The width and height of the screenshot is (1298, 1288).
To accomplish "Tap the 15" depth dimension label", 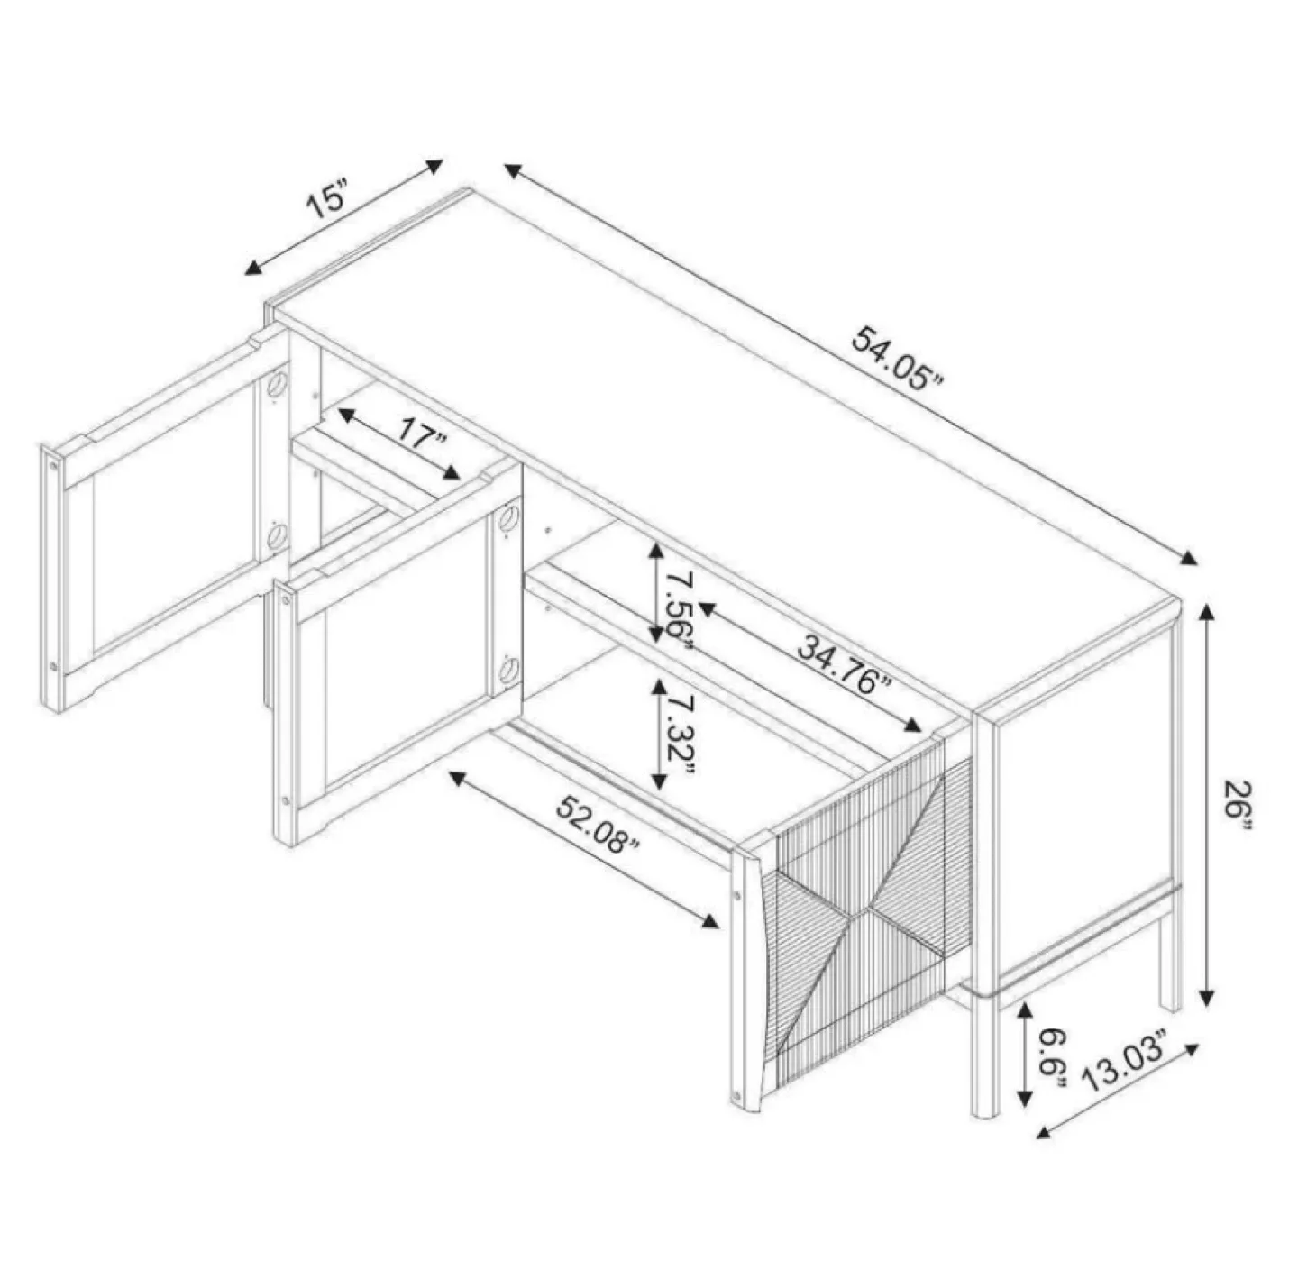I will (x=326, y=199).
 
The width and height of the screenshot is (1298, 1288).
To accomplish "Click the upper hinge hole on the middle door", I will (x=508, y=521).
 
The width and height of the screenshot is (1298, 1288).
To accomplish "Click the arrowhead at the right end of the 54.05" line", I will (x=1190, y=558).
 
